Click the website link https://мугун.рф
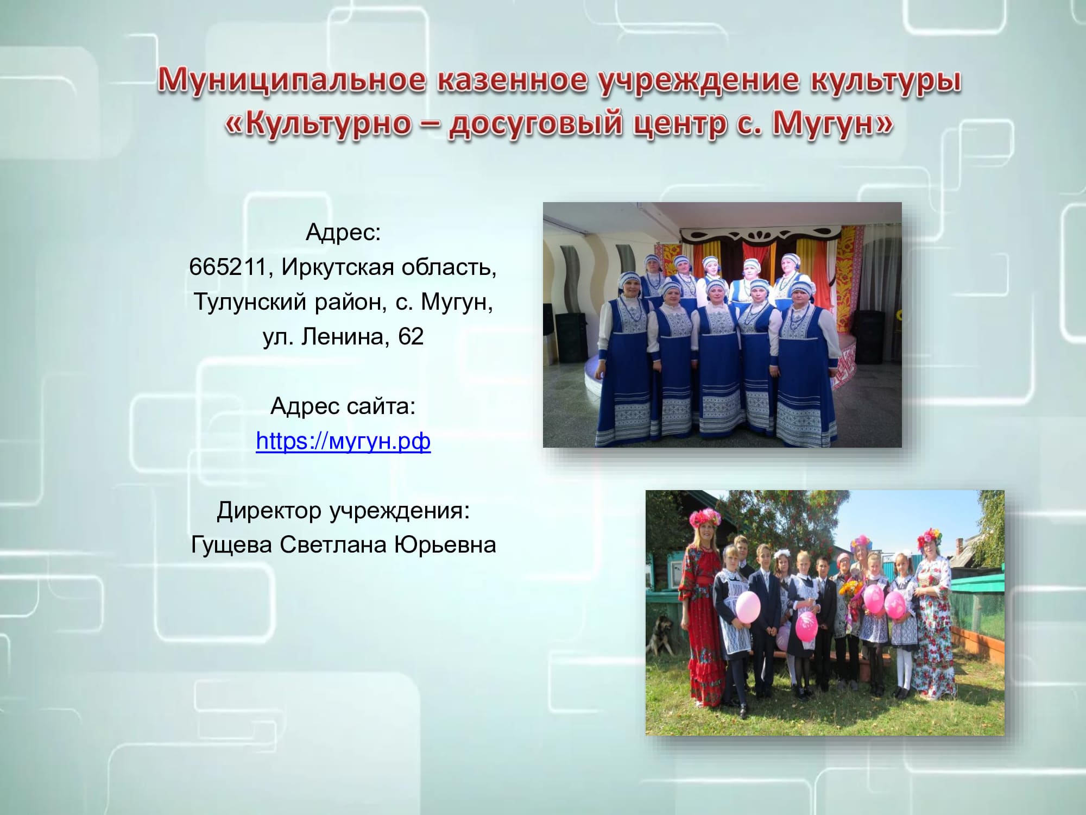coord(343,441)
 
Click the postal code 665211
coord(228,267)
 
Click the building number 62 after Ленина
coord(411,336)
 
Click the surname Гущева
coord(231,545)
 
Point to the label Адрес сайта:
coord(343,406)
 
